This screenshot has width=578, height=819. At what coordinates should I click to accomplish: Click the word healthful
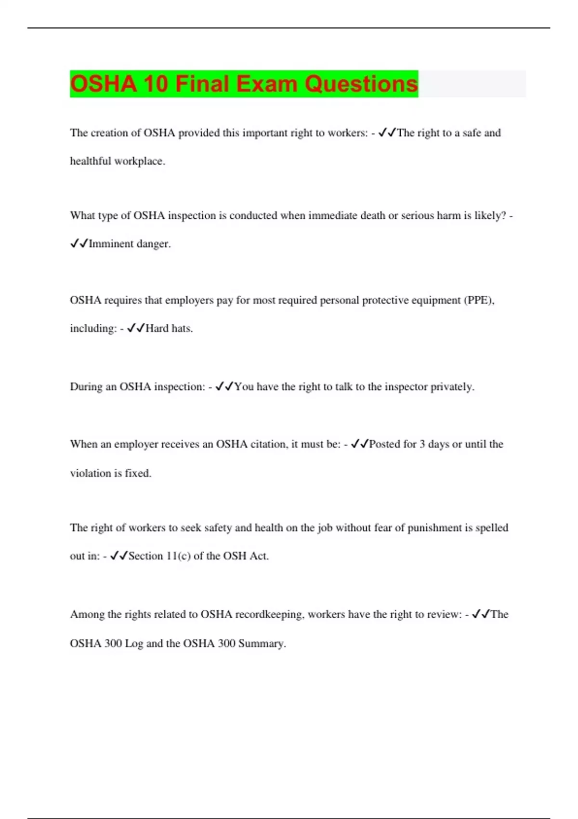coord(91,161)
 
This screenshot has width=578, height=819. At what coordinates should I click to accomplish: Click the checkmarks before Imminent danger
coord(79,244)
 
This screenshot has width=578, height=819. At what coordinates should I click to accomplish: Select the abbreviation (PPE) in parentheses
coord(479,300)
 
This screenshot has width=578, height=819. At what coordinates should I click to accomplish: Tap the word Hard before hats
coord(157,329)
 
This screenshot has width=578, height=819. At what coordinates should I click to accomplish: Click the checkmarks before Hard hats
coord(136,329)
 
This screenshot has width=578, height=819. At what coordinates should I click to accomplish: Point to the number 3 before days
coord(422,444)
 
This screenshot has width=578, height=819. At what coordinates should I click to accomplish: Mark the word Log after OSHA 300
coord(134,644)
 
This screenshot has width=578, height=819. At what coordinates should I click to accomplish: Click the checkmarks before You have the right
coord(225,387)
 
